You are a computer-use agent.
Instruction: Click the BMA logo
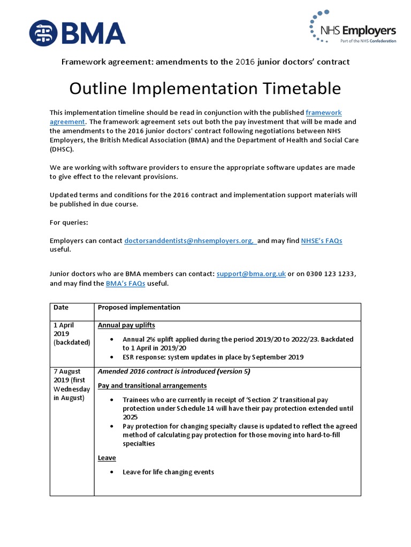tap(77, 32)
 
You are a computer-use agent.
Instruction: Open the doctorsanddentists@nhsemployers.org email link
tap(191, 241)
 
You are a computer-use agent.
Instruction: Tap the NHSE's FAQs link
tap(322, 241)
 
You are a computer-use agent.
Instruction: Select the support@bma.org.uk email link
tap(251, 274)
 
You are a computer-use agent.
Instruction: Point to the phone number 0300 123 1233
tap(331, 274)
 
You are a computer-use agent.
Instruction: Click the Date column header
tap(61, 308)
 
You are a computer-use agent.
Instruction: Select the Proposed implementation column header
tap(139, 308)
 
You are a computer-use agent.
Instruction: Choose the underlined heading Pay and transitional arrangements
tap(152, 386)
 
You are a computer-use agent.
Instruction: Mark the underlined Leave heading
tap(106, 458)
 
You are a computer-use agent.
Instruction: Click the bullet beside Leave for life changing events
tap(111, 472)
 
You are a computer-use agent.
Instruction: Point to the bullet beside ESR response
tap(111, 357)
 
